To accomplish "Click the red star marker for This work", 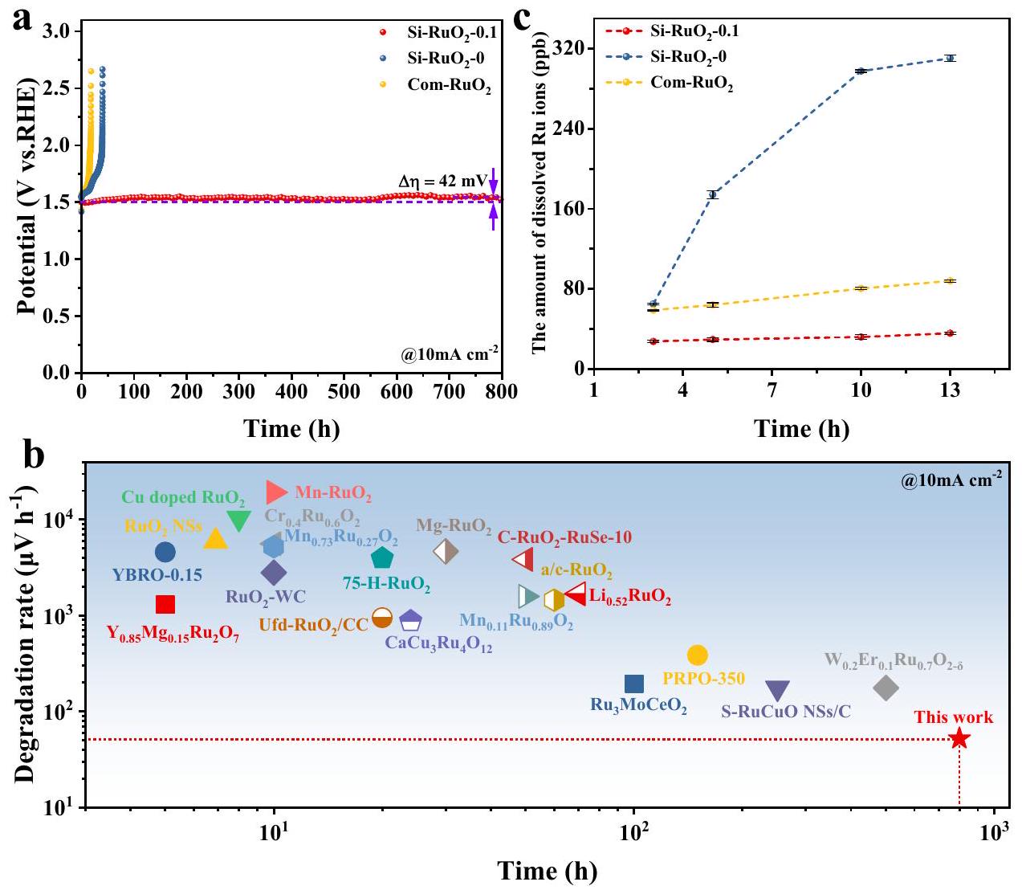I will click(x=959, y=739).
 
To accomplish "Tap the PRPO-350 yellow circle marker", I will click(x=698, y=655).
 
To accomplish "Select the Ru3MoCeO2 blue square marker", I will click(x=634, y=684).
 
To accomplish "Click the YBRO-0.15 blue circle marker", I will click(x=165, y=552).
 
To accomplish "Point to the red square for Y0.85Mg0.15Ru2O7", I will click(x=165, y=604).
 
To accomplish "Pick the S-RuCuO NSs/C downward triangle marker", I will click(x=777, y=690).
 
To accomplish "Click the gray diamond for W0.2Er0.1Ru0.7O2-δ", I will click(x=886, y=688).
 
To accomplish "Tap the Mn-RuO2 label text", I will click(x=333, y=493).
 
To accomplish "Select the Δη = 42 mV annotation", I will click(x=442, y=182).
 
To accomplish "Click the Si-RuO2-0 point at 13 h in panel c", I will click(x=950, y=58).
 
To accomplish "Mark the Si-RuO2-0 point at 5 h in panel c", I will click(x=711, y=194).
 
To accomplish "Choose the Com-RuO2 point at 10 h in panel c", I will click(x=861, y=288).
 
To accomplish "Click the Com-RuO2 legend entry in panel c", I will click(x=691, y=83).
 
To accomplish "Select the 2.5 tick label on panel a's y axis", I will click(x=55, y=88).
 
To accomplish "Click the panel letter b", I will click(x=34, y=458).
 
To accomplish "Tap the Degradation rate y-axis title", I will click(x=26, y=635).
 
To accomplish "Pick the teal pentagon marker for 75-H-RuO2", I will click(x=382, y=557).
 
